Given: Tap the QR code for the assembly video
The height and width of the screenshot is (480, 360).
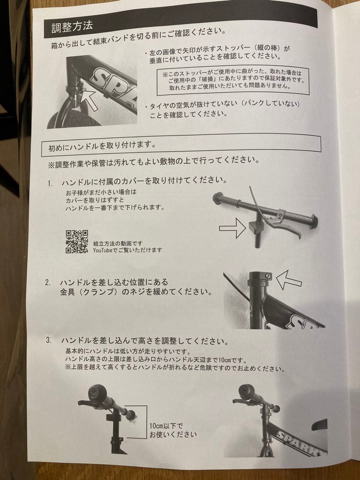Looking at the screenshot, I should pos(76,242).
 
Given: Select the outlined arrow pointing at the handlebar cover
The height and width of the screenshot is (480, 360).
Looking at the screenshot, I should pos(232,229).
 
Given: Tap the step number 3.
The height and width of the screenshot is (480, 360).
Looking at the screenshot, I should pos(48,341).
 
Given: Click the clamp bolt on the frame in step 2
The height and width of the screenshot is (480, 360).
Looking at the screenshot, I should pos(267,276).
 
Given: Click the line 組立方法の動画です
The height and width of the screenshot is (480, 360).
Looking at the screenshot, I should pos(117,244).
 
